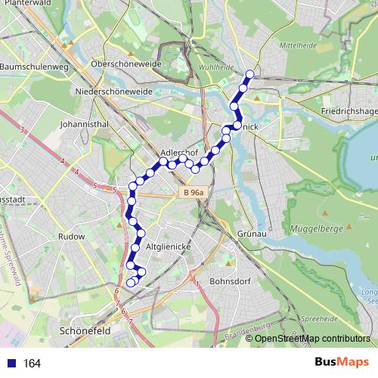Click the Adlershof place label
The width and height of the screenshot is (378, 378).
180,151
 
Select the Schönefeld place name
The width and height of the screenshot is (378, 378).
85,330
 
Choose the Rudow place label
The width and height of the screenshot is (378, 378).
72,236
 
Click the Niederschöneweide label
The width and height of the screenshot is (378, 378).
113,91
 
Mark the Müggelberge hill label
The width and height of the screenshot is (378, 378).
317,228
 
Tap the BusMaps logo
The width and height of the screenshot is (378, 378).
342,362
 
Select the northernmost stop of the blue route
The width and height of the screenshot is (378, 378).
250,74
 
